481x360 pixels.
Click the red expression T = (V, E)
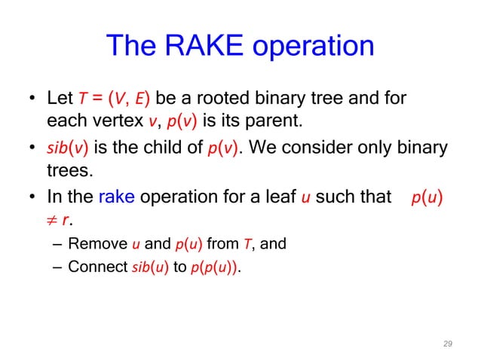114,99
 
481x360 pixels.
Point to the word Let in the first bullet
60,99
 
